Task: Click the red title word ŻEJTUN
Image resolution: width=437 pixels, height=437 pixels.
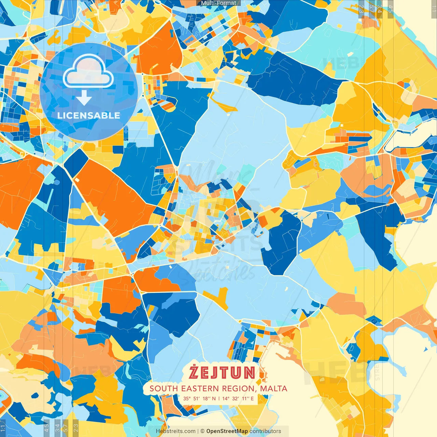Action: coord(222,372)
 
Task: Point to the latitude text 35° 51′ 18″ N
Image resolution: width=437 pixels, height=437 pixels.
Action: coord(199,398)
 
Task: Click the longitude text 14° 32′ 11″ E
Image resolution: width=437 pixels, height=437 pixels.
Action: coord(238,398)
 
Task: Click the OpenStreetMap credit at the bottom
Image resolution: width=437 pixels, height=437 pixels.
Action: coord(227,431)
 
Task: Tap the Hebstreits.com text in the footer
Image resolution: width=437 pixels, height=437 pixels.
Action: coord(175,431)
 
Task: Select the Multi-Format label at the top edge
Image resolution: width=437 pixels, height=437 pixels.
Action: coord(218,3)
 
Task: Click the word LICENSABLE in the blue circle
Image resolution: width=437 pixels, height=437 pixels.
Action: coord(89,115)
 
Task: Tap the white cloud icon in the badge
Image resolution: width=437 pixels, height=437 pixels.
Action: coord(88,71)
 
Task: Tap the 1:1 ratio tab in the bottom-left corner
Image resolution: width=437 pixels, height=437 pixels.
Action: coord(3,428)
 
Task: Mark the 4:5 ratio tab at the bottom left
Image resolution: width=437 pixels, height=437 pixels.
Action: coord(47,428)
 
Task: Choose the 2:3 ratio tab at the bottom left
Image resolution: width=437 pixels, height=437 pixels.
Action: coord(76,428)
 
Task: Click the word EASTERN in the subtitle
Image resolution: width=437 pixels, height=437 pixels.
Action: coord(200,389)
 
